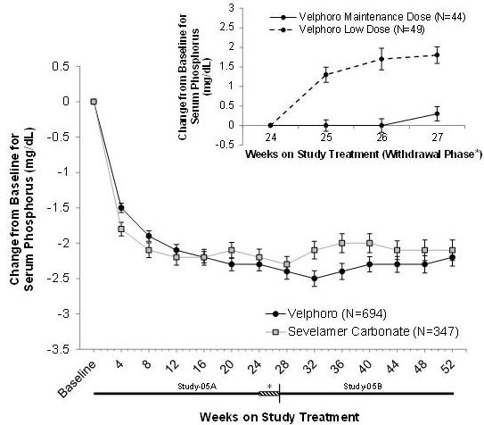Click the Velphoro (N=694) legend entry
[326, 313]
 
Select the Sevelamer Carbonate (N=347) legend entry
[362, 331]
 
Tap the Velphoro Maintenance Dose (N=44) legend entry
[367, 17]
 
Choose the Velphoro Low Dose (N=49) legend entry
[348, 29]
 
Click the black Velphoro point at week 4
[121, 208]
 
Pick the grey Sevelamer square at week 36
[341, 243]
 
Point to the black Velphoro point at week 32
[315, 279]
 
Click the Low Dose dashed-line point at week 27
[437, 55]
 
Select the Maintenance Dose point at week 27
[437, 113]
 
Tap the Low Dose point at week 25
[326, 74]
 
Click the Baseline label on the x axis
[78, 379]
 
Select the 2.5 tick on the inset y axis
[228, 28]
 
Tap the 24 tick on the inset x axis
[271, 137]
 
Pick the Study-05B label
[363, 387]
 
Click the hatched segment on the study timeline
[268, 394]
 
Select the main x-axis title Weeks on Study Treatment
[279, 417]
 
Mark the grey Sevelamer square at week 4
[121, 229]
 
